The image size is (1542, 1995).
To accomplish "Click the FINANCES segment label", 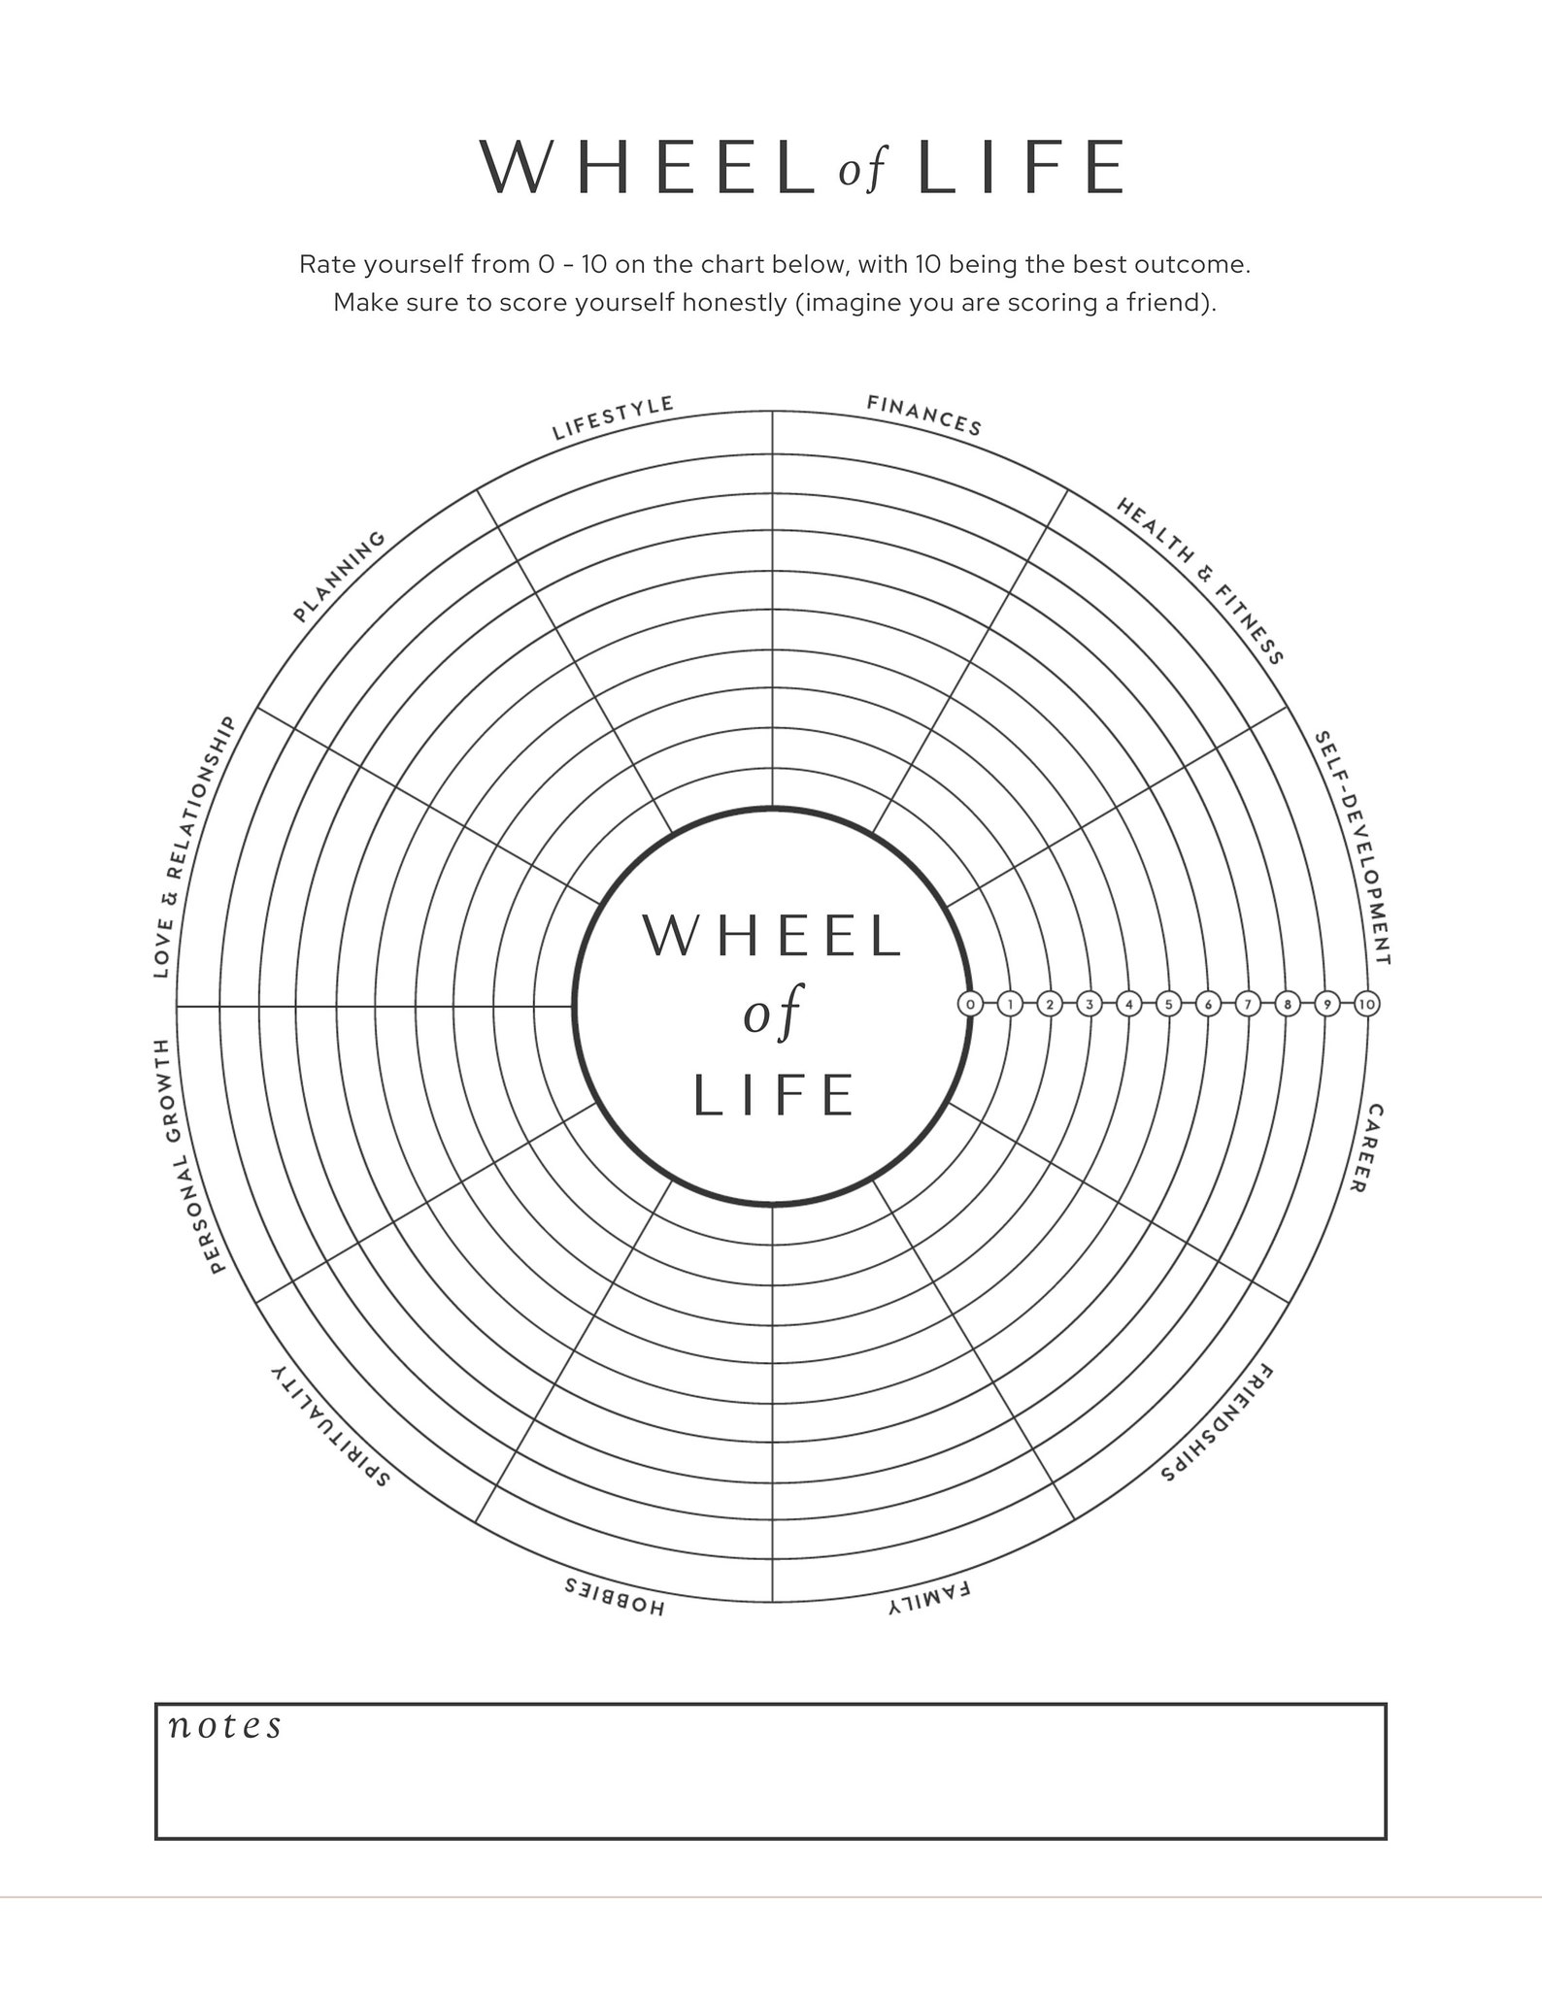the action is pyautogui.click(x=924, y=415).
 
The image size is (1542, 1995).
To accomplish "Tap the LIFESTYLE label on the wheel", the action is pyautogui.click(x=613, y=417).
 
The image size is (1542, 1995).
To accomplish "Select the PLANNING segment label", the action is pyautogui.click(x=340, y=577).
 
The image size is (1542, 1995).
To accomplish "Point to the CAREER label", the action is pyautogui.click(x=1366, y=1148).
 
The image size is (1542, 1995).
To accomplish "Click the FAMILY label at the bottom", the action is pyautogui.click(x=928, y=1599).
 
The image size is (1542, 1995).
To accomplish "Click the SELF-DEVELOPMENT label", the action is pyautogui.click(x=1353, y=848).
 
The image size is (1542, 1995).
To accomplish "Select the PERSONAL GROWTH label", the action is pyautogui.click(x=188, y=1155).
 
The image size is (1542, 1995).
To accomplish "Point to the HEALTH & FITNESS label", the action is pyautogui.click(x=1200, y=581).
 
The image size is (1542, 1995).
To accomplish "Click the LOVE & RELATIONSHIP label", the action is pyautogui.click(x=195, y=846).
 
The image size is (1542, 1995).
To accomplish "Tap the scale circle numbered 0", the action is pyautogui.click(x=970, y=1005).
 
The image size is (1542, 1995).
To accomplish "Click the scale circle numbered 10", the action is pyautogui.click(x=1366, y=1005).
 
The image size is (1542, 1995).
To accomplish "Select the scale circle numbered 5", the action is pyautogui.click(x=1168, y=1005).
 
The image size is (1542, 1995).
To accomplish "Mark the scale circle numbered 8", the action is pyautogui.click(x=1287, y=1005).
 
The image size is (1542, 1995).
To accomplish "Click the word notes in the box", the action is pyautogui.click(x=225, y=1725).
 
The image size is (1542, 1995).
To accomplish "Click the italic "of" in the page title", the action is pyautogui.click(x=863, y=171).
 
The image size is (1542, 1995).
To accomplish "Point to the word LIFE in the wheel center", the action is pyautogui.click(x=773, y=1096).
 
